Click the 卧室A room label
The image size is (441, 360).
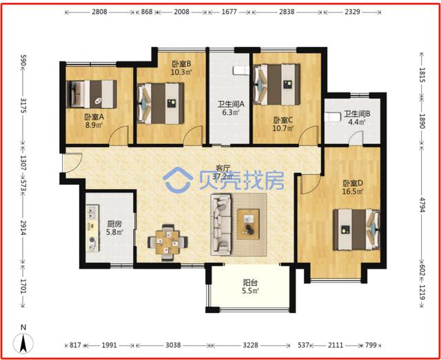94,121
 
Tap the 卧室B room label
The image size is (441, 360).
181,68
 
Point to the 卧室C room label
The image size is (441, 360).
283,123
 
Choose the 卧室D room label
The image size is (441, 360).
353,187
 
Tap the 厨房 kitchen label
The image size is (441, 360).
114,228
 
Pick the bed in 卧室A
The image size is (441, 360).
92,91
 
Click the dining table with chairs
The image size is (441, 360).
167,242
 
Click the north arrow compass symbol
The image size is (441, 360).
23,341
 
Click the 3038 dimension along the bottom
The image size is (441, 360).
173,346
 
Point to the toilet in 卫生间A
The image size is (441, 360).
239,70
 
